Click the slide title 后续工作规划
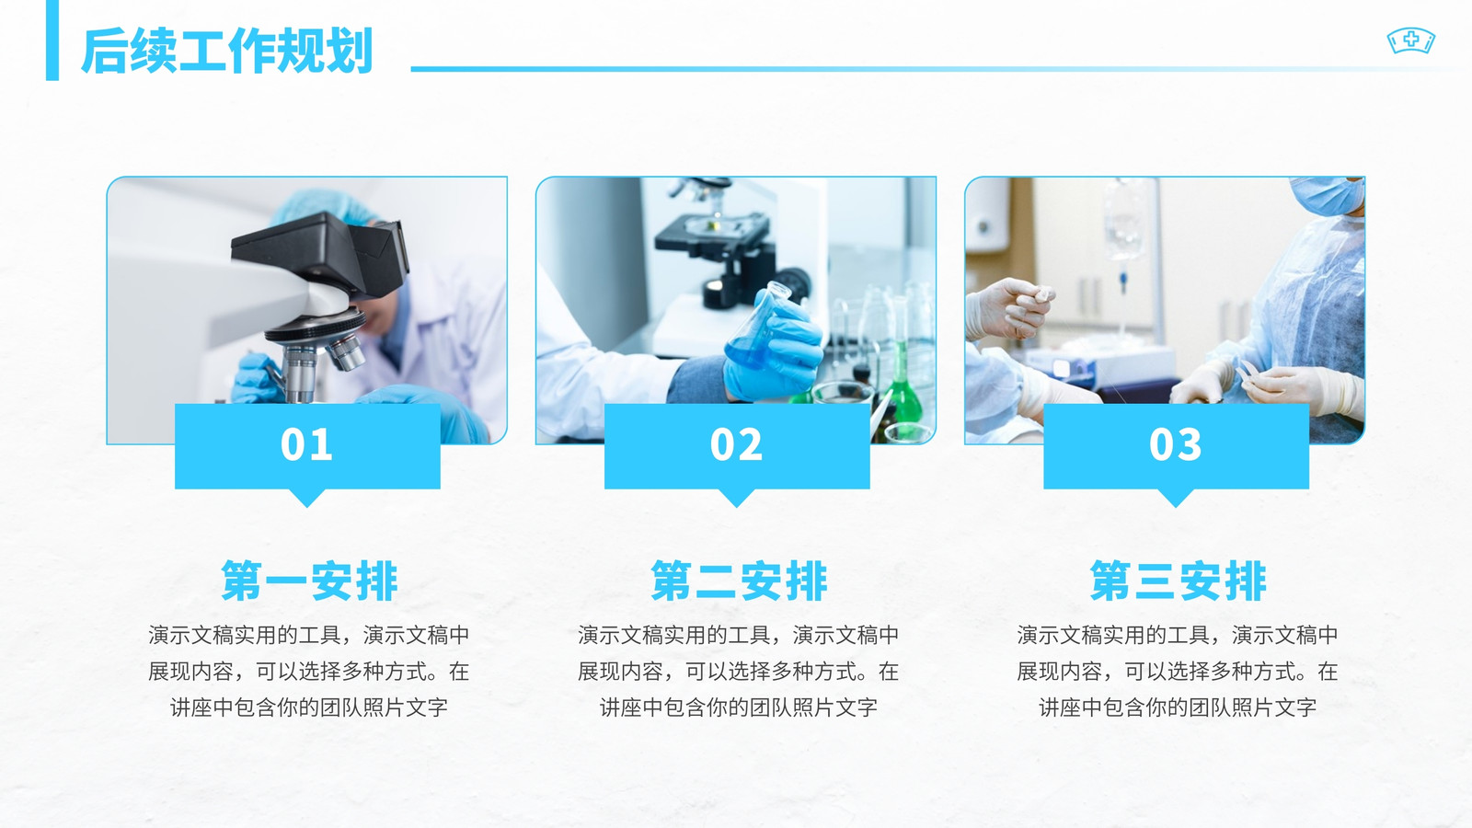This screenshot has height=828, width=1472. [227, 51]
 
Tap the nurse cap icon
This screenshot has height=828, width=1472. [1411, 41]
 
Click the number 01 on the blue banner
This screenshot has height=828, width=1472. [306, 445]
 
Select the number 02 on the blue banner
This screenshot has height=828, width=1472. [736, 445]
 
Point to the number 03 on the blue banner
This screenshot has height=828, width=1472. [1176, 445]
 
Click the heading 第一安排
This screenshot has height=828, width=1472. [309, 581]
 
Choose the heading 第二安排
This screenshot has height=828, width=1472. [739, 581]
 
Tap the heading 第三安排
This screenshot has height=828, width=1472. [1178, 581]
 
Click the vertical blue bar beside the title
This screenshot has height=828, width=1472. [52, 40]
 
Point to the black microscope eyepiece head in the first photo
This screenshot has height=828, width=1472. [322, 253]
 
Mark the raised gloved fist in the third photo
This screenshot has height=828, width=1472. [1008, 309]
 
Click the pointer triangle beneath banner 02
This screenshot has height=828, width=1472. [736, 497]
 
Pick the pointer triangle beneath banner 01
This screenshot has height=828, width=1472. [307, 497]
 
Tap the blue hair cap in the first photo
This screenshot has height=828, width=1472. [322, 206]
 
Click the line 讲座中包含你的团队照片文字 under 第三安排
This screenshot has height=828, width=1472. [1178, 707]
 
